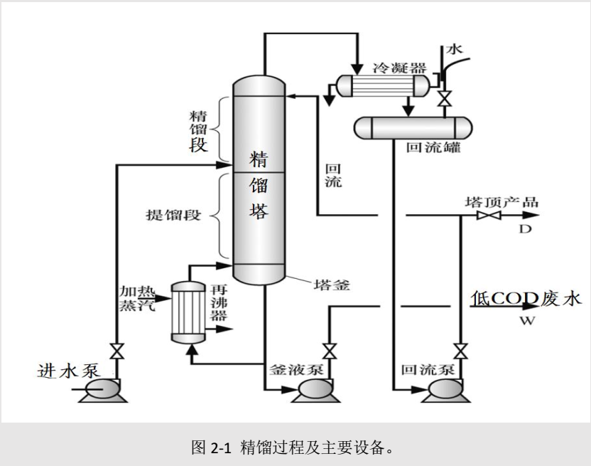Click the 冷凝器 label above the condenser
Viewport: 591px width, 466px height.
click(399, 68)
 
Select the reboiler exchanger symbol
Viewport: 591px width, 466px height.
click(188, 313)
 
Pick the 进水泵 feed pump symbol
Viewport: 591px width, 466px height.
click(99, 390)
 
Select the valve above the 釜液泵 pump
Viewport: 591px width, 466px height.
click(328, 351)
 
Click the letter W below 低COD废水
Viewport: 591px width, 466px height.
click(526, 321)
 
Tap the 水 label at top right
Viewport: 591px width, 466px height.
click(455, 49)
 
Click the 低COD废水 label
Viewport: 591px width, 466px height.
click(525, 298)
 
